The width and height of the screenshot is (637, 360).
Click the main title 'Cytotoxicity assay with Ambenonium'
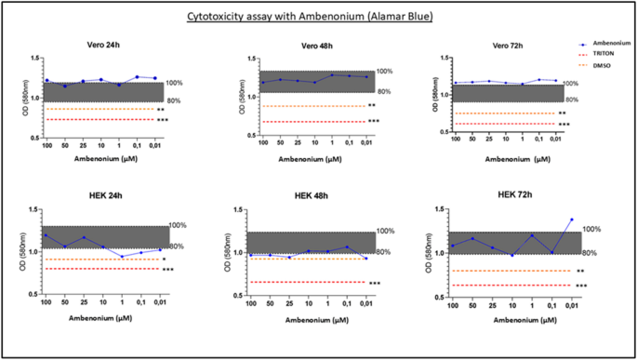point(318,16)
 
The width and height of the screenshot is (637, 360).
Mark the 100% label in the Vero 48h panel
point(385,72)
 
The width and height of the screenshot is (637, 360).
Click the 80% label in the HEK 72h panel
point(590,253)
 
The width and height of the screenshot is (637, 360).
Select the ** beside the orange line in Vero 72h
point(562,113)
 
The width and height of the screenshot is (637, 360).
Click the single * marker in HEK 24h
point(164,260)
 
